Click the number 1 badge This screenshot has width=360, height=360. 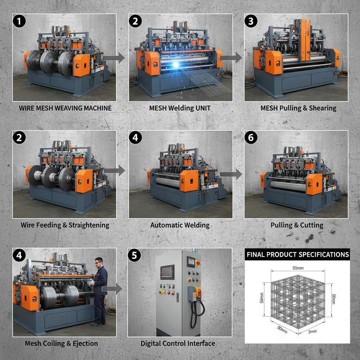click(20, 21)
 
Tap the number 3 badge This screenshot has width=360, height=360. click(251, 21)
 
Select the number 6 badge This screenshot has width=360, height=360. click(251, 138)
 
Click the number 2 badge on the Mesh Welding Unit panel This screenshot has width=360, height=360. click(135, 21)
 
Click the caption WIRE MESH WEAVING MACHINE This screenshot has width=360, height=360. click(65, 108)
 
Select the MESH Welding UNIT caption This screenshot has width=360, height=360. click(180, 108)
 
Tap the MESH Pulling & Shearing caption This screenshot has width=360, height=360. click(298, 108)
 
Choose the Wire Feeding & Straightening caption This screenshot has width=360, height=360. click(65, 225)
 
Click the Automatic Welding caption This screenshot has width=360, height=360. click(180, 225)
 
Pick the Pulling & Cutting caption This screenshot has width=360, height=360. click(297, 225)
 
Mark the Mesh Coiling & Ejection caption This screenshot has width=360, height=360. click(62, 343)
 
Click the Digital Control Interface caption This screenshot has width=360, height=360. click(178, 343)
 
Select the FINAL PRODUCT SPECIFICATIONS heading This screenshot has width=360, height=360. click(297, 255)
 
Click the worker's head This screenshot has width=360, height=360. click(99, 262)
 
